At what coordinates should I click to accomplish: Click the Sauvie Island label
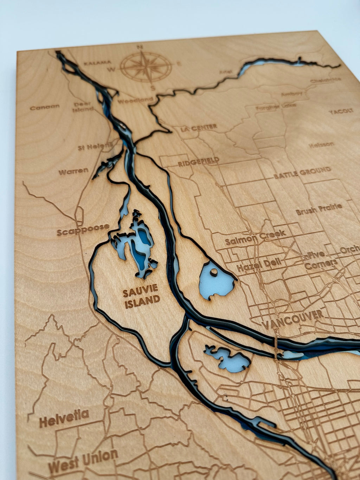(x=141, y=296)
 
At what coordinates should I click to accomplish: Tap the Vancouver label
(x=293, y=318)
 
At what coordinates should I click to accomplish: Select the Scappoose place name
(x=83, y=229)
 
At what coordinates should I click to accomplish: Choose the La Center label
(x=199, y=127)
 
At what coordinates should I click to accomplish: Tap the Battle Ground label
(x=302, y=173)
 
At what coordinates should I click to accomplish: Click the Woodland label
(x=135, y=101)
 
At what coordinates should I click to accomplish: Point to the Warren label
(x=73, y=172)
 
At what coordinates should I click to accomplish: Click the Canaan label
(x=45, y=107)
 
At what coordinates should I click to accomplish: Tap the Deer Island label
(x=83, y=107)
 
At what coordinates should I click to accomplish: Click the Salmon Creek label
(x=255, y=238)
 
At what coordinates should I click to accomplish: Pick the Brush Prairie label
(x=319, y=209)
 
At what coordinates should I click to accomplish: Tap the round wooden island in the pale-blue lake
(x=213, y=272)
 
